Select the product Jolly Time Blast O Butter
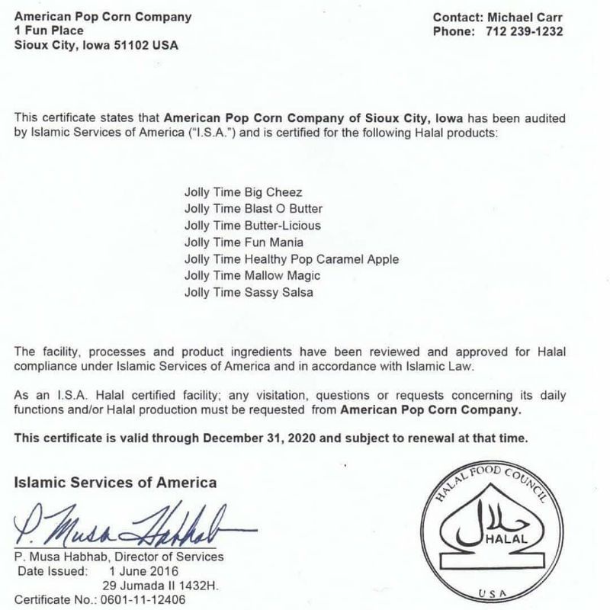pyautogui.click(x=253, y=208)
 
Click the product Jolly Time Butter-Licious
pyautogui.click(x=252, y=226)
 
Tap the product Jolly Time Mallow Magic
pyautogui.click(x=252, y=276)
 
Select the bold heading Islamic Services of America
pyautogui.click(x=116, y=482)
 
